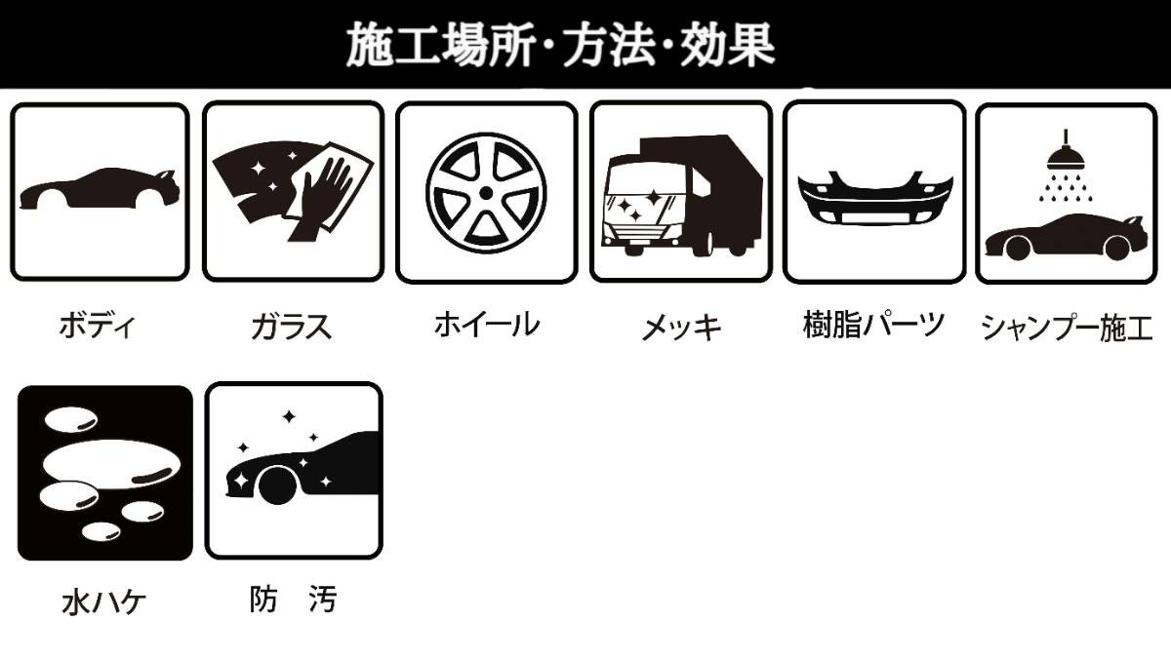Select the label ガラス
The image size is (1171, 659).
pos(290,326)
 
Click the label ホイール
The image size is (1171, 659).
pos(485,324)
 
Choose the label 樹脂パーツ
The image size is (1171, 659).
pos(873,323)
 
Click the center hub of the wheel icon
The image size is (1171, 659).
pos(485,192)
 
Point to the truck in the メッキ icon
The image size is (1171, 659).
pos(683,195)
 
